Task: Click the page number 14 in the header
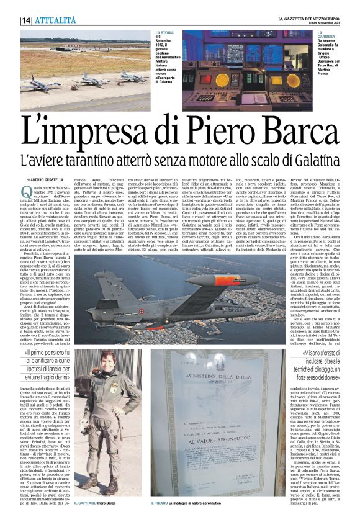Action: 26,20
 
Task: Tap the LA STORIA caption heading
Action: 164,32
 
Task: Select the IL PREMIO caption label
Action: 181,503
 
